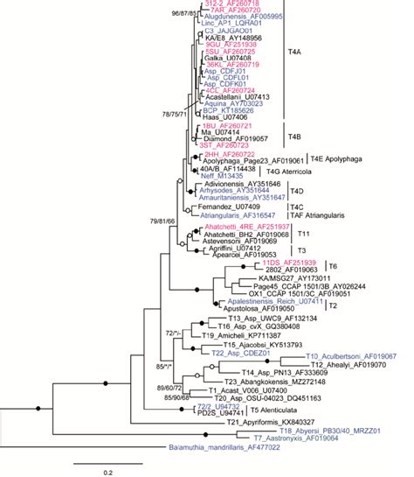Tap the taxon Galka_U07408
(223, 57)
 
